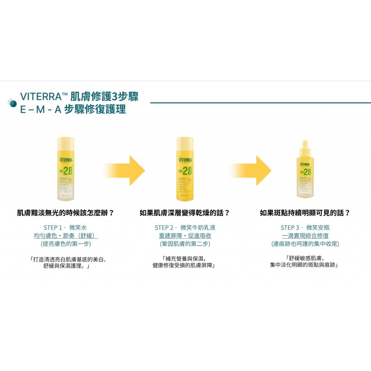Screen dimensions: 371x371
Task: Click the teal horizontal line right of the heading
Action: tap(259, 103)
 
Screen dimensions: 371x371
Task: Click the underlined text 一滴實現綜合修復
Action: tap(305, 236)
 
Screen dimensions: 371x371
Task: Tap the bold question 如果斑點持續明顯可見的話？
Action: tap(305, 213)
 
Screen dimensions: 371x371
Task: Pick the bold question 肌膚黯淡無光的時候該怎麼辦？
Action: tap(66, 213)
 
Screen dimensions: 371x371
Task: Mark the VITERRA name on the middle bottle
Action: tap(185, 160)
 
